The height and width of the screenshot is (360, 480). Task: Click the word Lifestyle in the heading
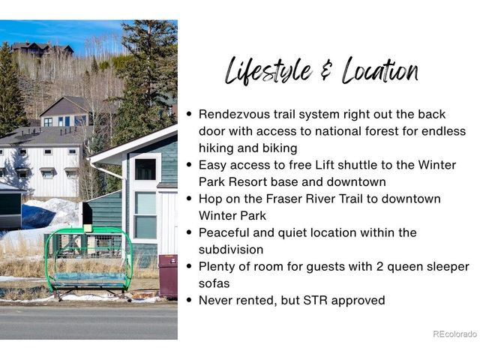268,71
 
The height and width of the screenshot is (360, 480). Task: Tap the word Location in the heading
380,70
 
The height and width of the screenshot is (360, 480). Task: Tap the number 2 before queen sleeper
379,266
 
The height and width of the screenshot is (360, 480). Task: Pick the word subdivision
231,250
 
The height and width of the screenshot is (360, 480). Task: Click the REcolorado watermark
455,334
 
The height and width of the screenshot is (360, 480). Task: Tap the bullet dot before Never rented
189,300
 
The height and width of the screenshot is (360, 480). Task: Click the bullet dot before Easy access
189,165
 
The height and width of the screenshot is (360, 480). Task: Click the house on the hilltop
43,49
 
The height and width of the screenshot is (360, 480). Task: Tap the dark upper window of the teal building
145,169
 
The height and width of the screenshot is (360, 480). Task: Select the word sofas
214,283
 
